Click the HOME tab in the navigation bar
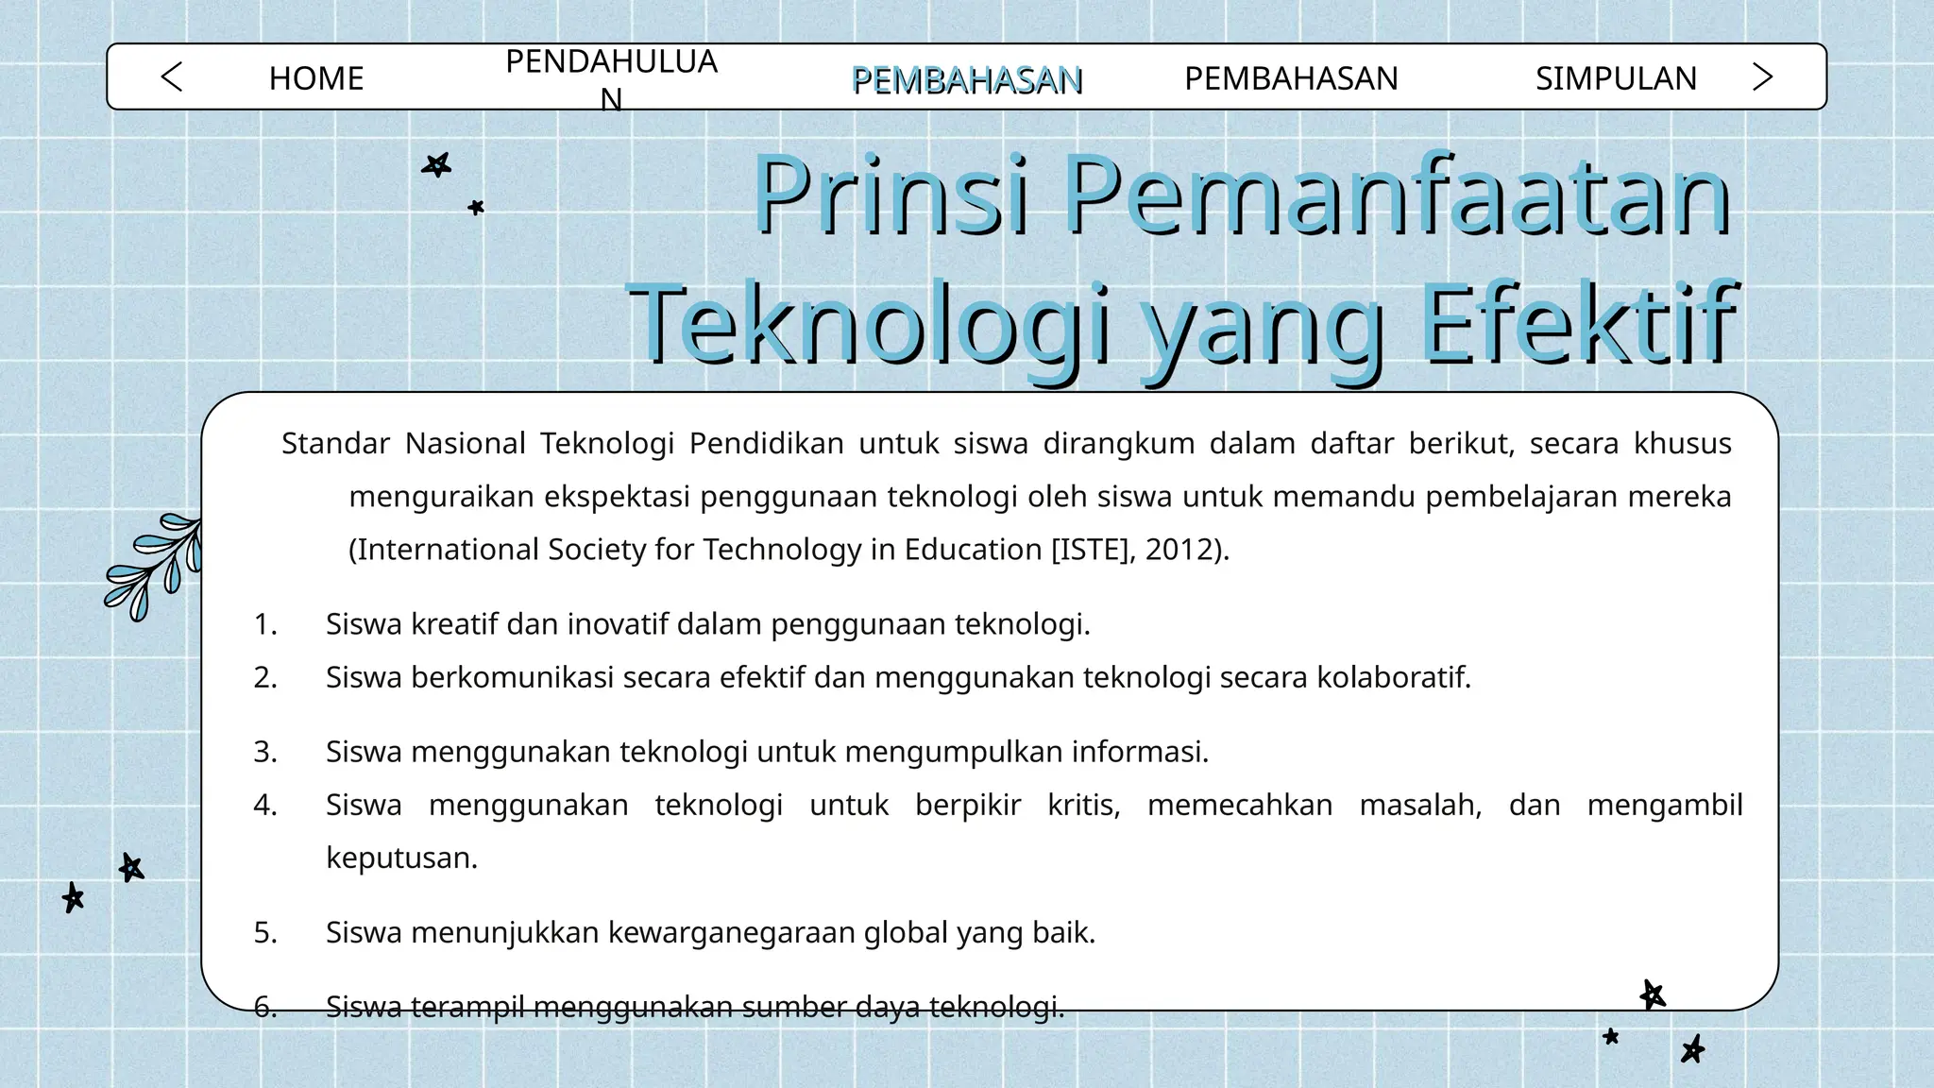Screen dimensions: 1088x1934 [x=315, y=78]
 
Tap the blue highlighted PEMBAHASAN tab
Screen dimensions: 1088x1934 [x=966, y=80]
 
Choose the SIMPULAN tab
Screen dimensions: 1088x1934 [x=1616, y=78]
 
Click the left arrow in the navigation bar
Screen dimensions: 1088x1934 [x=172, y=77]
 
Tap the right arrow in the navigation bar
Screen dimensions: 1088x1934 [x=1761, y=77]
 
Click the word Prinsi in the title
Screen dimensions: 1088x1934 [x=890, y=196]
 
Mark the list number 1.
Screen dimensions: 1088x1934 [x=265, y=624]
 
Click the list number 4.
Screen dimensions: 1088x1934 [x=265, y=805]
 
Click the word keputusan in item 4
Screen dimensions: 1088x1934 [x=401, y=858]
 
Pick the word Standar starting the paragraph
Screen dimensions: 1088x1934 [x=335, y=443]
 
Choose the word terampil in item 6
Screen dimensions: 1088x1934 [x=467, y=1008]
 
